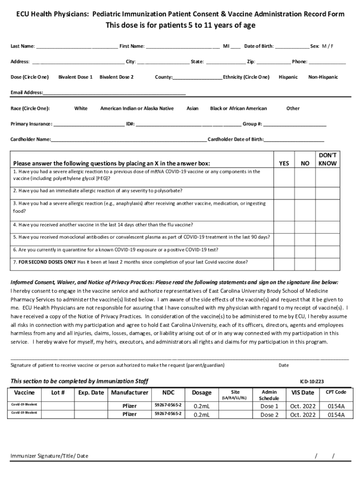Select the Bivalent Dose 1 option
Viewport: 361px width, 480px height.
pos(75,77)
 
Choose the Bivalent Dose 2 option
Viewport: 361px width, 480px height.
pos(116,77)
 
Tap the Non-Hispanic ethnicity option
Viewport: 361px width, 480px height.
pos(323,77)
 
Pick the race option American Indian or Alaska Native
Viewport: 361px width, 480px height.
pos(136,108)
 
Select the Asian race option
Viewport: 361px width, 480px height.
pos(192,108)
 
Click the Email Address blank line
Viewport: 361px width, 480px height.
pos(114,93)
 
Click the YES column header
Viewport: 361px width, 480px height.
pos(284,164)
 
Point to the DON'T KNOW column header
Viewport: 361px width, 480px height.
pos(327,159)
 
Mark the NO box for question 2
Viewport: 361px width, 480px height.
pos(305,191)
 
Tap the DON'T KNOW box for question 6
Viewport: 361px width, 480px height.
pos(327,249)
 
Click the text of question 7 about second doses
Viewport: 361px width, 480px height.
pos(131,262)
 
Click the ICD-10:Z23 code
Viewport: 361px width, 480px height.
pos(312,382)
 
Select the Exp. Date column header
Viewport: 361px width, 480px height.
pos(91,392)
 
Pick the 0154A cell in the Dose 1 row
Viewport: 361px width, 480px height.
pos(336,406)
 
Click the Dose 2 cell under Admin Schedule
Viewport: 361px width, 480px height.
pos(269,415)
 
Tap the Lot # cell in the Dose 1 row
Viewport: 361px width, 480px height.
pos(58,406)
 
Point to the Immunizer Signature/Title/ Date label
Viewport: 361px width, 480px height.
pos(49,456)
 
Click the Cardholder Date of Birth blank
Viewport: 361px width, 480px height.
pos(294,140)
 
